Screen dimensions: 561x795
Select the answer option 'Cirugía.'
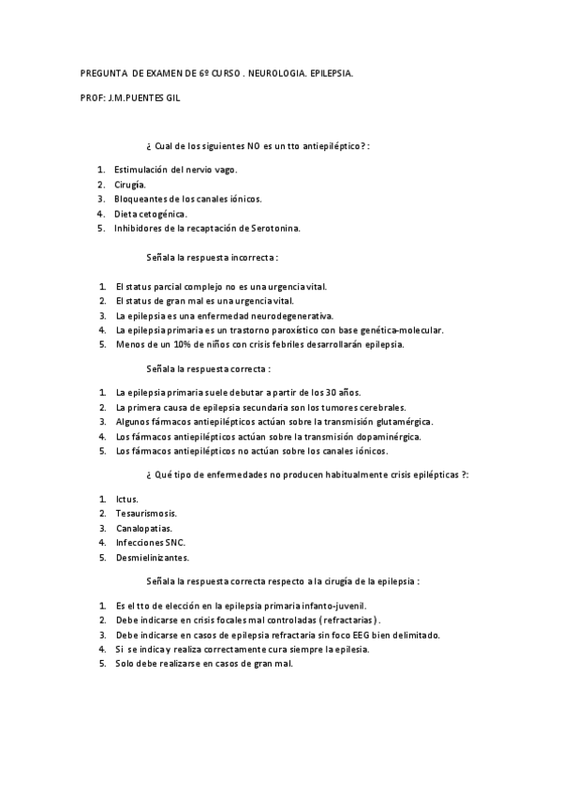click(x=129, y=185)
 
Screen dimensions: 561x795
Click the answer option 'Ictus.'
click(x=127, y=499)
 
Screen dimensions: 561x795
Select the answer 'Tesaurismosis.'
click(x=146, y=513)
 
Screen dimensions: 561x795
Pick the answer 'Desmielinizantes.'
click(x=152, y=557)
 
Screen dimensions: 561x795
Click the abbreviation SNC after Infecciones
click(x=174, y=542)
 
